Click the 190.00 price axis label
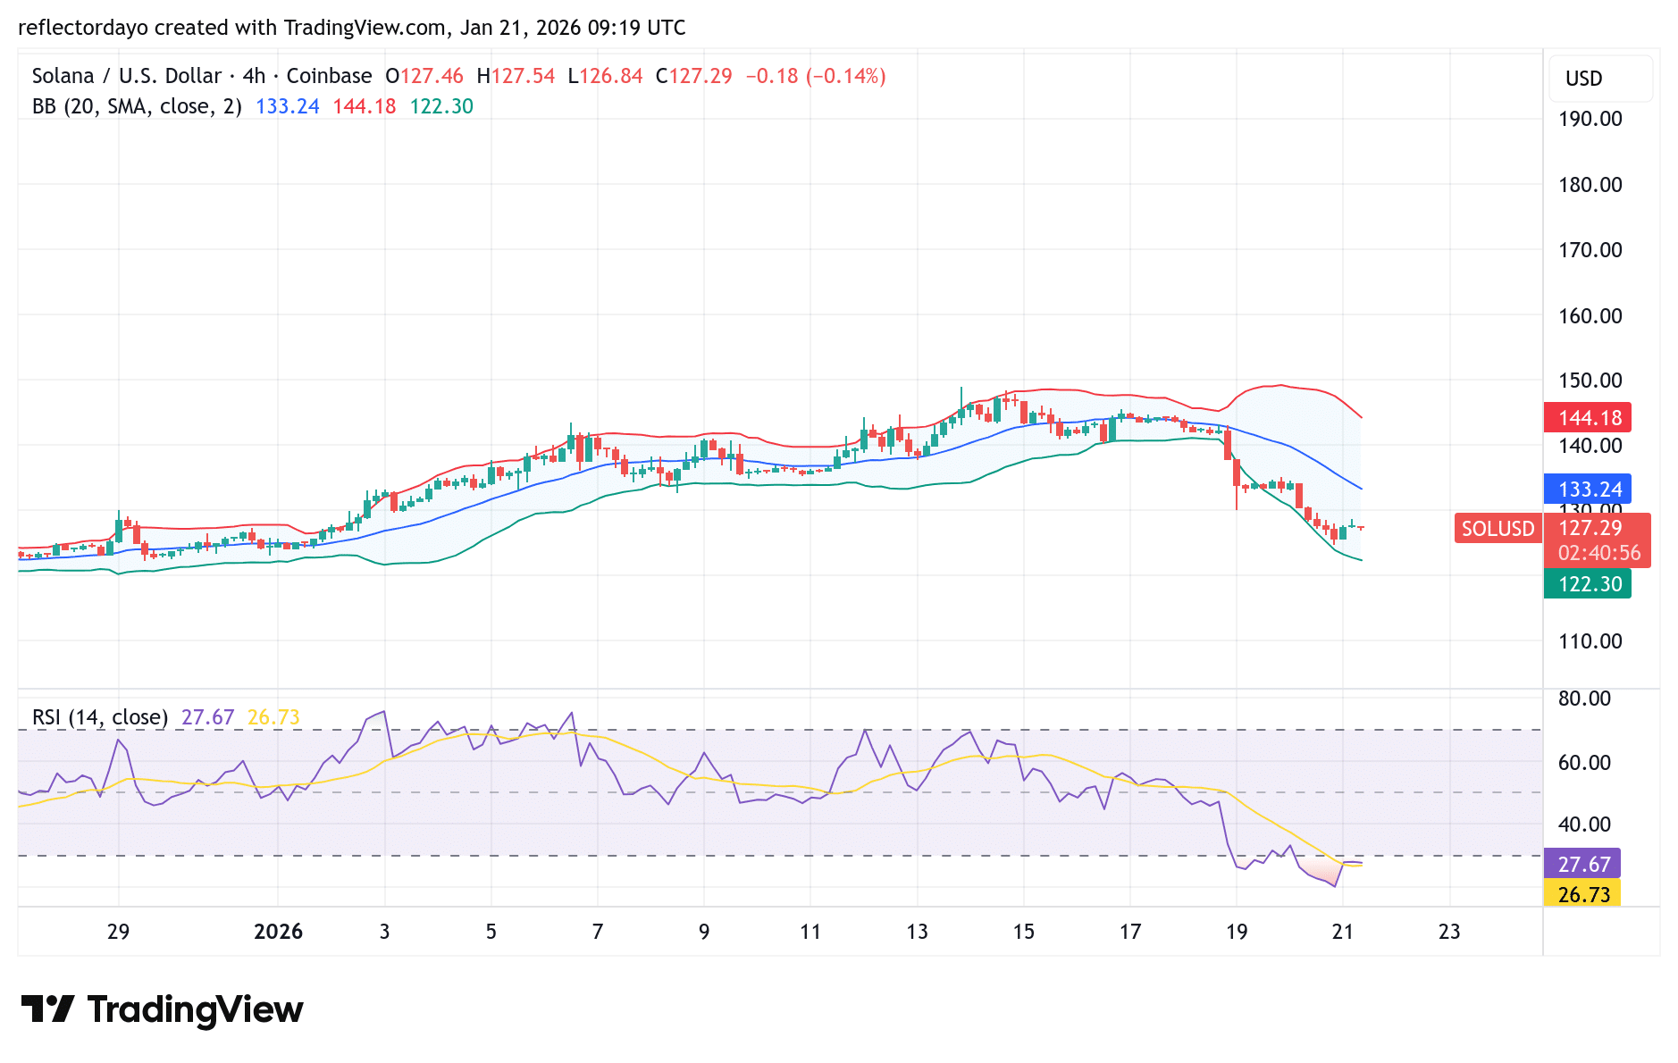pyautogui.click(x=1590, y=119)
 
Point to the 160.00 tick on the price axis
pyautogui.click(x=1590, y=315)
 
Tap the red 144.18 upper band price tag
pyautogui.click(x=1589, y=417)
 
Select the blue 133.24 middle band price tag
pyautogui.click(x=1589, y=489)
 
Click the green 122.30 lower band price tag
pyautogui.click(x=1589, y=583)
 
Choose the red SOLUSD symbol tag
pyautogui.click(x=1498, y=528)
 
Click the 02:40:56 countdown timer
pyautogui.click(x=1598, y=553)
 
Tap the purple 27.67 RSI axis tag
pyautogui.click(x=1583, y=864)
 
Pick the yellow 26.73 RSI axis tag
pyautogui.click(x=1583, y=894)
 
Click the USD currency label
pyautogui.click(x=1583, y=79)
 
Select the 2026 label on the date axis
pyautogui.click(x=278, y=932)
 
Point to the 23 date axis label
pyautogui.click(x=1448, y=932)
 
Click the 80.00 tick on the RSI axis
pyautogui.click(x=1583, y=699)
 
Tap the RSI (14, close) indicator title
pyautogui.click(x=100, y=717)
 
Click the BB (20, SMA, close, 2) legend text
pyautogui.click(x=137, y=106)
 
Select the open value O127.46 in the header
pyautogui.click(x=424, y=76)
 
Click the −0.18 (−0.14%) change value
pyautogui.click(x=815, y=76)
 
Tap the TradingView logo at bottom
pyautogui.click(x=162, y=1009)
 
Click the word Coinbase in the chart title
pyautogui.click(x=329, y=76)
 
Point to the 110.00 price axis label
pyautogui.click(x=1590, y=640)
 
